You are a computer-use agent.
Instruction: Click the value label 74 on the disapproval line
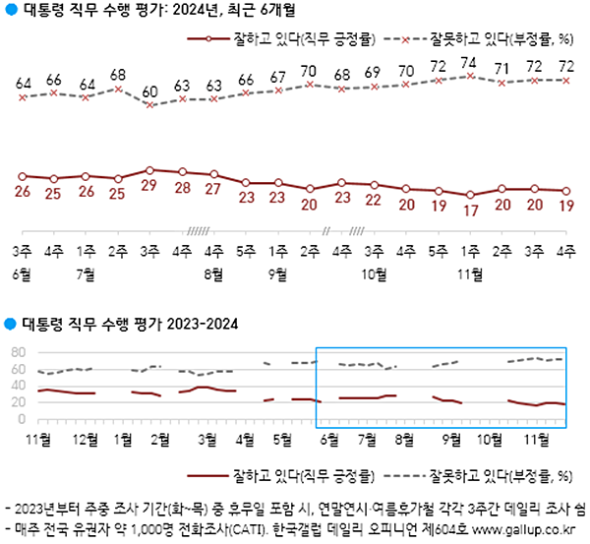click(x=470, y=64)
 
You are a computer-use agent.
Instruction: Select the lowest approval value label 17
click(x=470, y=210)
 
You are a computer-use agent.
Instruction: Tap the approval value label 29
click(x=149, y=185)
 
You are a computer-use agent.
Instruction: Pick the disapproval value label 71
click(x=501, y=69)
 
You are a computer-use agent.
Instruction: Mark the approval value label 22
click(x=374, y=200)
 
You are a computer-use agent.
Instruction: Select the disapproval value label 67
click(x=278, y=77)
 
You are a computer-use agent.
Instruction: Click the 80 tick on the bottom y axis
click(x=17, y=352)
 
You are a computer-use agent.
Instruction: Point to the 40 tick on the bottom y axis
click(x=17, y=386)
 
